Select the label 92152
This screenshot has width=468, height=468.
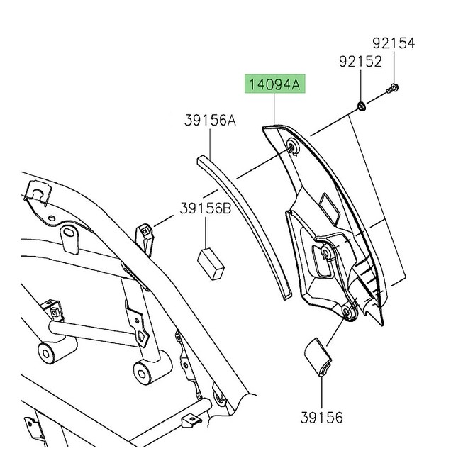361,62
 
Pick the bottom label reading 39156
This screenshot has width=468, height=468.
321,418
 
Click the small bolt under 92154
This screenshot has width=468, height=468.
392,89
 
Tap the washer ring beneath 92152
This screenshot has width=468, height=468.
361,107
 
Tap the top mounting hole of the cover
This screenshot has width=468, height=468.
291,147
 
